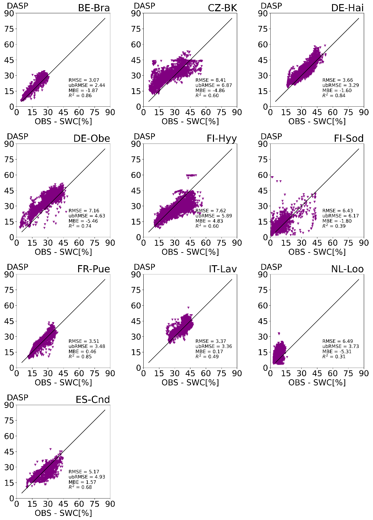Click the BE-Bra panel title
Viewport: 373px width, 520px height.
[x=94, y=8]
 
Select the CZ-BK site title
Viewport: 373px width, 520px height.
[x=222, y=8]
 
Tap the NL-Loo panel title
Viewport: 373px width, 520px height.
[x=347, y=269]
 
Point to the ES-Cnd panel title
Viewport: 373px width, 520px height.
[x=93, y=399]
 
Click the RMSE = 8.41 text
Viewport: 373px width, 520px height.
[x=211, y=80]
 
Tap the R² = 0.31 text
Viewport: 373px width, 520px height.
[x=334, y=356]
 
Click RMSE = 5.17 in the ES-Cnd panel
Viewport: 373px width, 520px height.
[x=84, y=472]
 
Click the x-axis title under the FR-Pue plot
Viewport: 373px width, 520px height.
[x=63, y=382]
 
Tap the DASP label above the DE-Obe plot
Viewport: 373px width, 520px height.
[x=18, y=136]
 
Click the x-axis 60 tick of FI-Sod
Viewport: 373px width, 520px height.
[x=333, y=243]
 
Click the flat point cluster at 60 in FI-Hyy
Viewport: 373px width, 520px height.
[x=191, y=175]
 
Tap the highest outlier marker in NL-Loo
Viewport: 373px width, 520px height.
[x=279, y=333]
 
